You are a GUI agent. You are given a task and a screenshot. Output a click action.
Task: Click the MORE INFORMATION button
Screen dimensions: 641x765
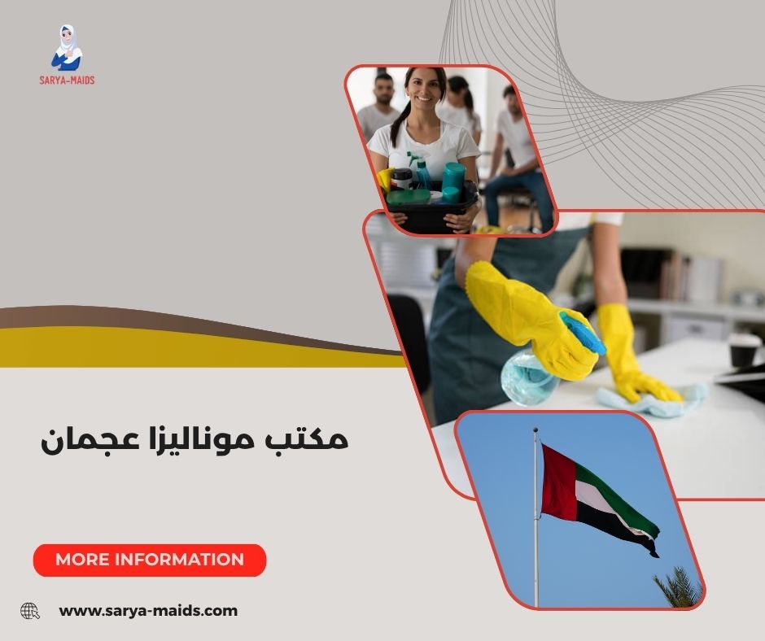[x=150, y=560]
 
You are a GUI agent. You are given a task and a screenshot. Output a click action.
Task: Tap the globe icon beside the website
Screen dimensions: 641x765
[x=30, y=610]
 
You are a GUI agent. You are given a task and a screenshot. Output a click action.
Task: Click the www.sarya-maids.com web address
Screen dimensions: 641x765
[x=148, y=610]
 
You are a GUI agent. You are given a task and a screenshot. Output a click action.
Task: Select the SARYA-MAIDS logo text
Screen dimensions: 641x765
[x=67, y=81]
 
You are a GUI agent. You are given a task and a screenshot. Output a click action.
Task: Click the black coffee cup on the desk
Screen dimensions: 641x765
[x=743, y=350]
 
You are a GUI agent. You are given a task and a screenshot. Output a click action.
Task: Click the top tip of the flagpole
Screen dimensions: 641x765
[x=535, y=430]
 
